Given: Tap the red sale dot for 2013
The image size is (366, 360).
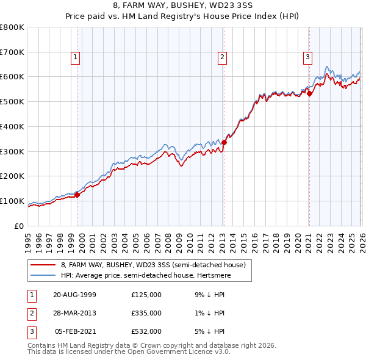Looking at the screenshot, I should [x=224, y=142].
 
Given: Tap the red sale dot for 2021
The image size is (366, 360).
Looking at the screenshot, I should [x=309, y=93].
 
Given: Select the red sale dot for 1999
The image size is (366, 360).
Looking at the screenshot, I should [x=77, y=194].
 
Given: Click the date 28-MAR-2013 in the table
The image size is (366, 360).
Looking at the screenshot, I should [x=74, y=313].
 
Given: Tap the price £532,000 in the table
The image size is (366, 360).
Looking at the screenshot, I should [x=146, y=332].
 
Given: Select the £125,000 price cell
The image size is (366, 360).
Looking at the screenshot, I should [x=146, y=294].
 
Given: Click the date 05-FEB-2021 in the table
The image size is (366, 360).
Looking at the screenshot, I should [x=75, y=332].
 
